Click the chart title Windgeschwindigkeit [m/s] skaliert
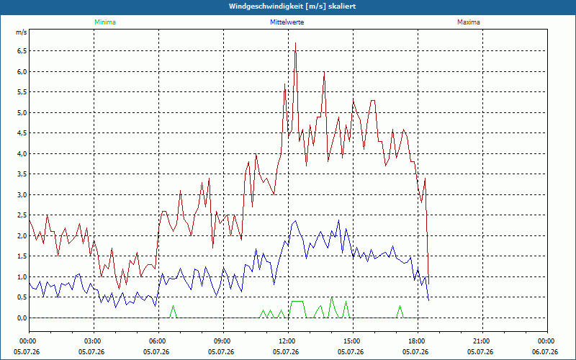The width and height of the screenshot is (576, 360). pyautogui.click(x=292, y=6)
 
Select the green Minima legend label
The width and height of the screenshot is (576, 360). pyautogui.click(x=105, y=22)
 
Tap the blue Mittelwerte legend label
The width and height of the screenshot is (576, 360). pyautogui.click(x=287, y=22)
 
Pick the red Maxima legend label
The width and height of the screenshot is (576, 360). pyautogui.click(x=469, y=22)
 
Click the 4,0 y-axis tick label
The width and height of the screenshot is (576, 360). pyautogui.click(x=22, y=153)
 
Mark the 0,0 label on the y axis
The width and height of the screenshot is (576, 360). pyautogui.click(x=22, y=318)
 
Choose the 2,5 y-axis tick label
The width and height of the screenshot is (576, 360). pyautogui.click(x=22, y=215)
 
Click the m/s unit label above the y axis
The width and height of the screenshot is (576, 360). pyautogui.click(x=22, y=32)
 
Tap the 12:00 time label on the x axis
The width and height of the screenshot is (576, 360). pyautogui.click(x=289, y=341)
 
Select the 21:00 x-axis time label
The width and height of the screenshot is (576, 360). pyautogui.click(x=482, y=341)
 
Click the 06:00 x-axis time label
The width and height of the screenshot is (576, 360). pyautogui.click(x=158, y=341)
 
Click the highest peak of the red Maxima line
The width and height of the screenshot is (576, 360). pyautogui.click(x=295, y=43)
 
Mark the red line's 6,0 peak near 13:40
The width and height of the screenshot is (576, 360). pyautogui.click(x=324, y=72)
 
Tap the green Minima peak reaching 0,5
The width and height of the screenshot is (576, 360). pyautogui.click(x=331, y=297)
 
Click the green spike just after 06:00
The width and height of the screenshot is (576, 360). pyautogui.click(x=173, y=306)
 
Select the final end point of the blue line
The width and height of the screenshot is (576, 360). pyautogui.click(x=428, y=300)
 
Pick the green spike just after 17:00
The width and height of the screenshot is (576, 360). pyautogui.click(x=400, y=306)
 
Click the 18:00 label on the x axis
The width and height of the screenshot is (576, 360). pyautogui.click(x=418, y=341)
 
